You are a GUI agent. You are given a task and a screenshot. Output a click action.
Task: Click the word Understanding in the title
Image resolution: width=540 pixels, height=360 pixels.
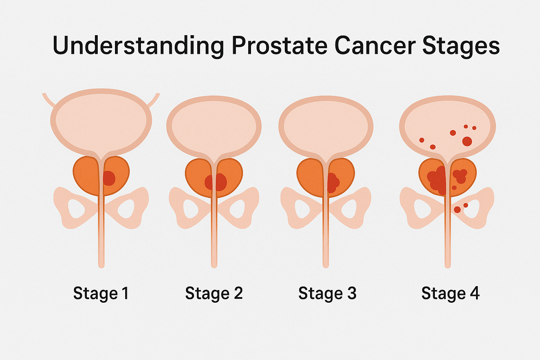[x=139, y=46]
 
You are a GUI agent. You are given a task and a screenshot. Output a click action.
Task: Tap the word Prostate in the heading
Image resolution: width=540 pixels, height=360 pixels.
[x=279, y=45]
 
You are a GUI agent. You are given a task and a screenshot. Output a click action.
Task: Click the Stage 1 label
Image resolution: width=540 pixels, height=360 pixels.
[x=101, y=294]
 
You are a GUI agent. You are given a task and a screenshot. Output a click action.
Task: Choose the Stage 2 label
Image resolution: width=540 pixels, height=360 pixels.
[x=214, y=294]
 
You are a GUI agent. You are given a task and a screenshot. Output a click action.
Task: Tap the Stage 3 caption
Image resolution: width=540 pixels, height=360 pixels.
[x=327, y=294]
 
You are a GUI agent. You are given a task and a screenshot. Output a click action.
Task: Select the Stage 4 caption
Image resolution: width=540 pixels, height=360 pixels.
[x=451, y=294]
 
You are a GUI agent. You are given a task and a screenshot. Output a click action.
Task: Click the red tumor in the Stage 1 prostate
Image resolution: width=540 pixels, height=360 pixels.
[x=109, y=179]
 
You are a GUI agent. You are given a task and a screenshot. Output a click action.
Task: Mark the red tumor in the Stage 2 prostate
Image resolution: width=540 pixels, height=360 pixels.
[x=216, y=182]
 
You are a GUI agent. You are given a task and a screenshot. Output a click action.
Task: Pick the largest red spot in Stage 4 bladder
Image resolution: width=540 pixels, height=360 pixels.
[x=467, y=142]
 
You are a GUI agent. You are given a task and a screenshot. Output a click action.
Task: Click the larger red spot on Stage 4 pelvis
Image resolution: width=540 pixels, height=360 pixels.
[x=457, y=210]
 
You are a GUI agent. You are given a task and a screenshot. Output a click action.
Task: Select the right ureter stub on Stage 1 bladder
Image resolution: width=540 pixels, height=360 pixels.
[x=153, y=100]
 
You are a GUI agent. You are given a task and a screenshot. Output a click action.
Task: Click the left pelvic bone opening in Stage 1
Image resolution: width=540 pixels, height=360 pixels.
[x=76, y=208]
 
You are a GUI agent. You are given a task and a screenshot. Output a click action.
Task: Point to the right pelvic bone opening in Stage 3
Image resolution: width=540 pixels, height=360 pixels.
[x=348, y=209]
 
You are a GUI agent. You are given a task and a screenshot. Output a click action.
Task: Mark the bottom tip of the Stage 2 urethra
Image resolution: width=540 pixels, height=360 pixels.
[x=214, y=268]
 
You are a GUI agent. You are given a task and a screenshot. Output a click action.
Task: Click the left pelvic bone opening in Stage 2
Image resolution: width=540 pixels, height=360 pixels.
[x=191, y=209]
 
